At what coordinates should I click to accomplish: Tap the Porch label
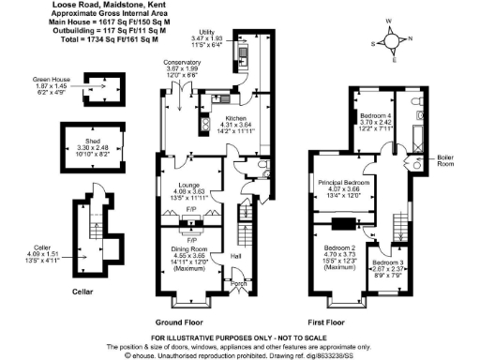click(x=239, y=283)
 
